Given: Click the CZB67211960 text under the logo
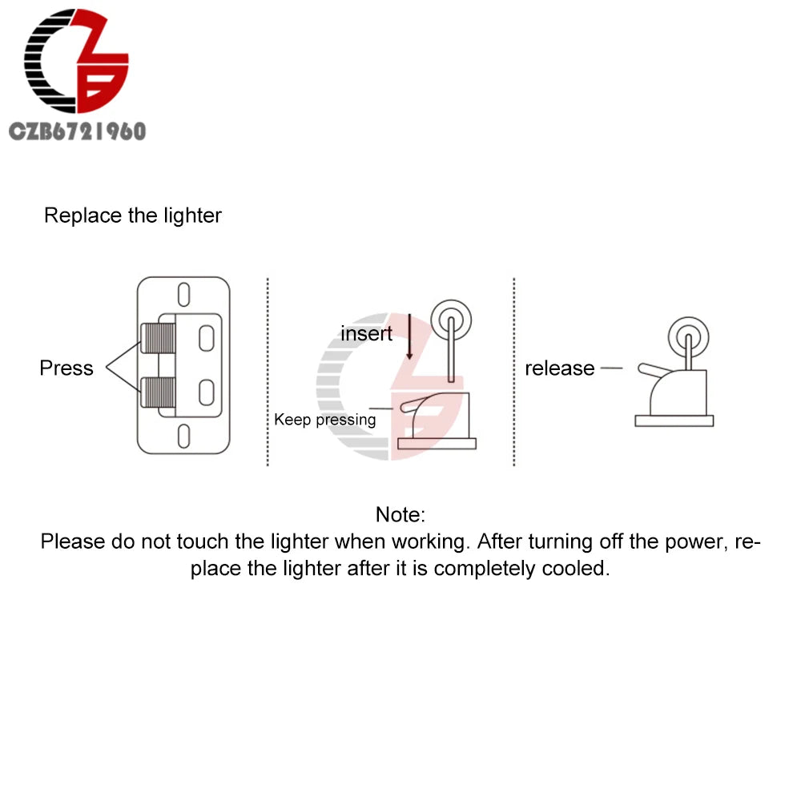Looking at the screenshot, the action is pyautogui.click(x=78, y=132).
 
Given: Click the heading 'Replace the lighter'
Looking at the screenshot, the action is pyautogui.click(x=133, y=215).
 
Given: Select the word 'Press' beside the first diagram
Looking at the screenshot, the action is pyautogui.click(x=66, y=368).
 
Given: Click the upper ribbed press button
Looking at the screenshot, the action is pyautogui.click(x=159, y=338).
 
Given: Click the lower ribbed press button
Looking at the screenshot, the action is pyautogui.click(x=159, y=392).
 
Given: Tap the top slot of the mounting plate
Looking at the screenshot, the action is pyautogui.click(x=183, y=295).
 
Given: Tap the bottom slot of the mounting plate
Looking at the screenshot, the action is pyautogui.click(x=183, y=436).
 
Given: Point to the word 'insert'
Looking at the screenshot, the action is pyautogui.click(x=366, y=333).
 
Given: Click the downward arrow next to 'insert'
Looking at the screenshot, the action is pyautogui.click(x=409, y=336).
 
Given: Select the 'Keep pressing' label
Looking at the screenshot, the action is pyautogui.click(x=325, y=420).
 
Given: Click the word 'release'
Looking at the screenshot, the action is pyautogui.click(x=560, y=368).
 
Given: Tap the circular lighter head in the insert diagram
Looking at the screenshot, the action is pyautogui.click(x=451, y=320).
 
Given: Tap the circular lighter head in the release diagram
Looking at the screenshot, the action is pyautogui.click(x=689, y=337).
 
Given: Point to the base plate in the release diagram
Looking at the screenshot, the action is pyautogui.click(x=674, y=421).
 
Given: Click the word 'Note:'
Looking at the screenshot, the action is pyautogui.click(x=400, y=514).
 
